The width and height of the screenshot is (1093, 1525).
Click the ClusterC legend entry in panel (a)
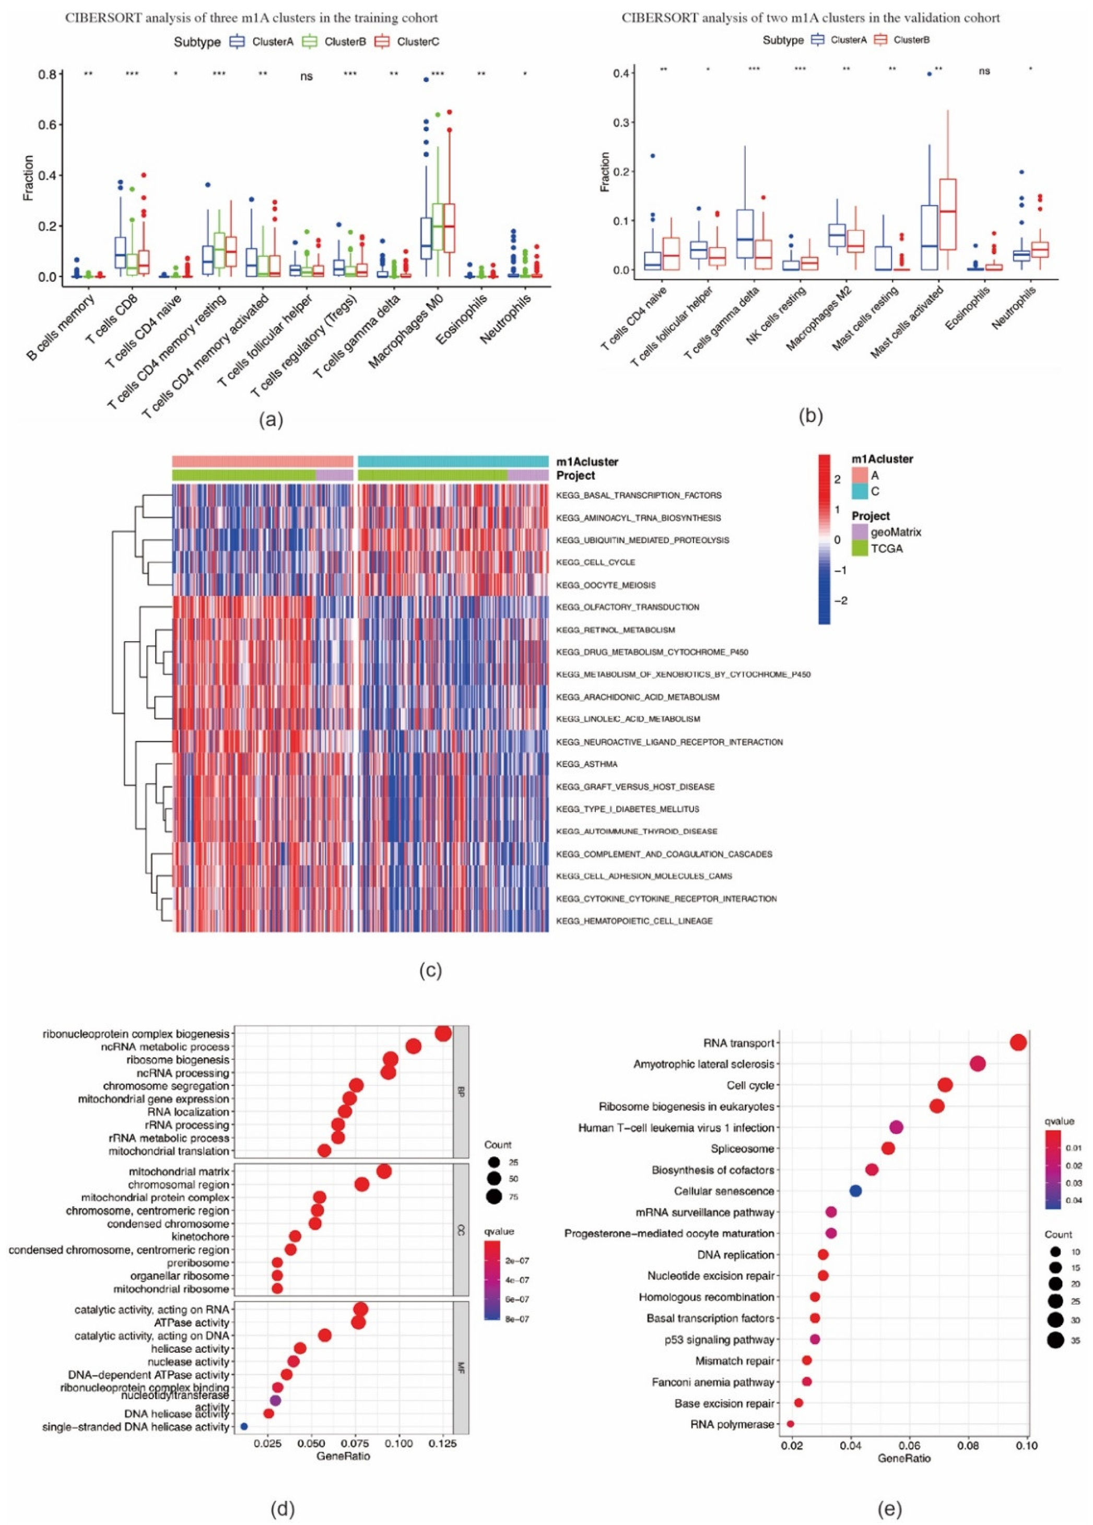coord(417,42)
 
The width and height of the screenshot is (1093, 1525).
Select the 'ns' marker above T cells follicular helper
coord(306,77)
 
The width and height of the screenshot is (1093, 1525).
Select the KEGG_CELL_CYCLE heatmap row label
coord(596,562)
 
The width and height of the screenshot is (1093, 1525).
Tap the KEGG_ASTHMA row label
coord(586,764)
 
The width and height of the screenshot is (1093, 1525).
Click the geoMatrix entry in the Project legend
coord(895,532)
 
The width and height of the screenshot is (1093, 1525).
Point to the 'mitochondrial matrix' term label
coord(179,1172)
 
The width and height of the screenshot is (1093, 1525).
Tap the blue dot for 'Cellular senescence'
coord(855,1191)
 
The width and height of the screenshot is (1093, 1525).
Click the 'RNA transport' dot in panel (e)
coord(1018,1043)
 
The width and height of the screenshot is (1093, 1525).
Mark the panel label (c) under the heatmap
coord(430,971)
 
